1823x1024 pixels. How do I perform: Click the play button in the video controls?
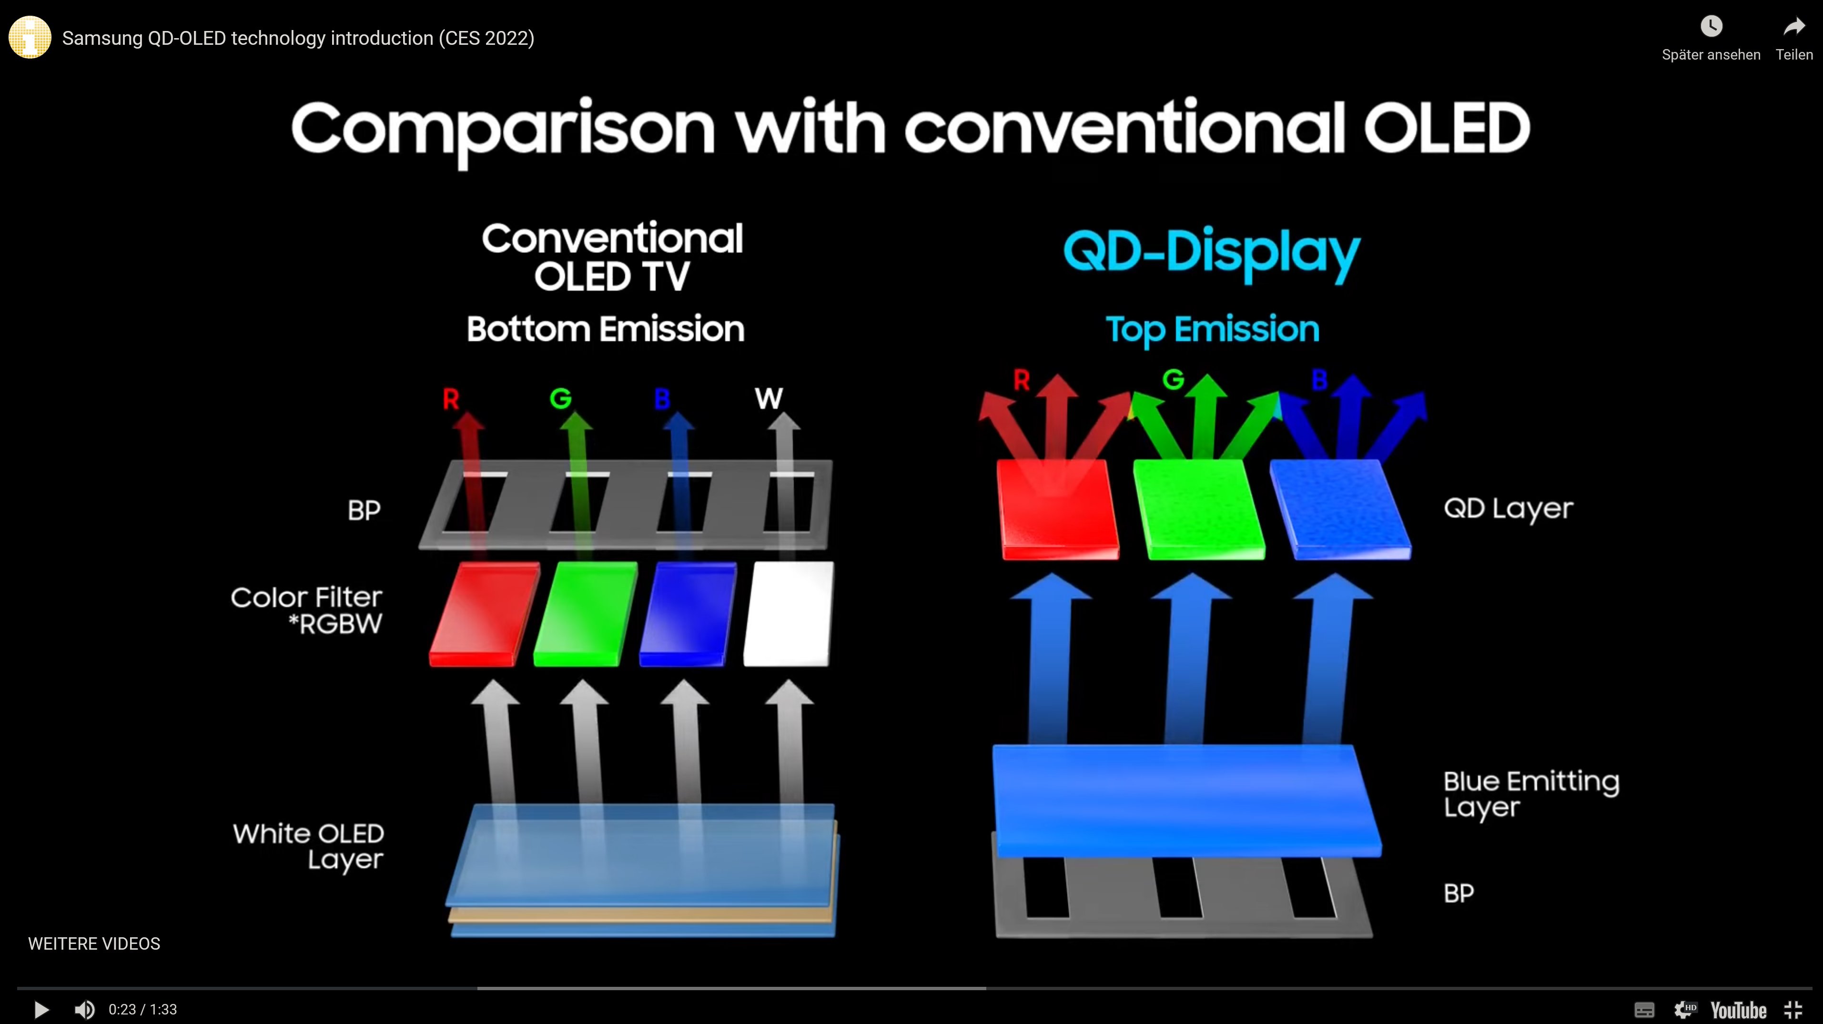coord(41,1009)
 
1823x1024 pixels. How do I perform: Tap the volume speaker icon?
coord(84,1009)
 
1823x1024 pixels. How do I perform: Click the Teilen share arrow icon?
coord(1794,27)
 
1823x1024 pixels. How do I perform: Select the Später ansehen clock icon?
coord(1711,27)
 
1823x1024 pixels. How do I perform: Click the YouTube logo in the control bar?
coord(1738,1010)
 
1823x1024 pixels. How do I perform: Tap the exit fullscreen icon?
coord(1793,1010)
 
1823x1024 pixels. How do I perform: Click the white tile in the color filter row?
coord(789,614)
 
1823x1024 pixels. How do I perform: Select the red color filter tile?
coord(484,614)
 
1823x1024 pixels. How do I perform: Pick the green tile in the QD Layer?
coord(1199,509)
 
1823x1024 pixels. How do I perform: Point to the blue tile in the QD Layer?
coord(1340,509)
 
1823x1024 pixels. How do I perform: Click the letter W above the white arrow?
coord(769,398)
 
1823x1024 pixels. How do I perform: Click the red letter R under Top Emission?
coord(1021,380)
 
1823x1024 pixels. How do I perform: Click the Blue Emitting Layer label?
coord(1531,794)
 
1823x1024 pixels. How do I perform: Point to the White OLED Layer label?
coord(309,846)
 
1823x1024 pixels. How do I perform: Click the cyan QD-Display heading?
coord(1212,254)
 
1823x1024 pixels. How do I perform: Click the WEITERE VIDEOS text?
coord(94,943)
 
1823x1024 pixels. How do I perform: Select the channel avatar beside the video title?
coord(30,38)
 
